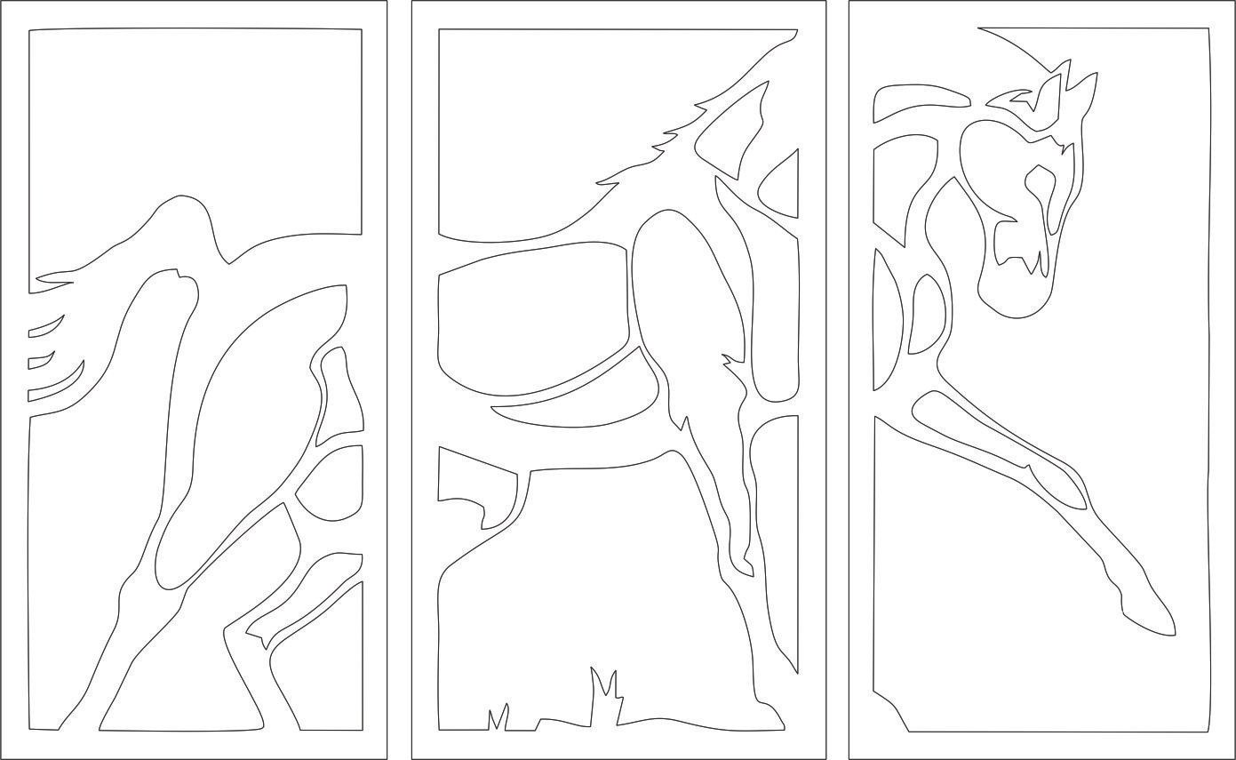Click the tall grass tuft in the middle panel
604,693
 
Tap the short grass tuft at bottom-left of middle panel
498,716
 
